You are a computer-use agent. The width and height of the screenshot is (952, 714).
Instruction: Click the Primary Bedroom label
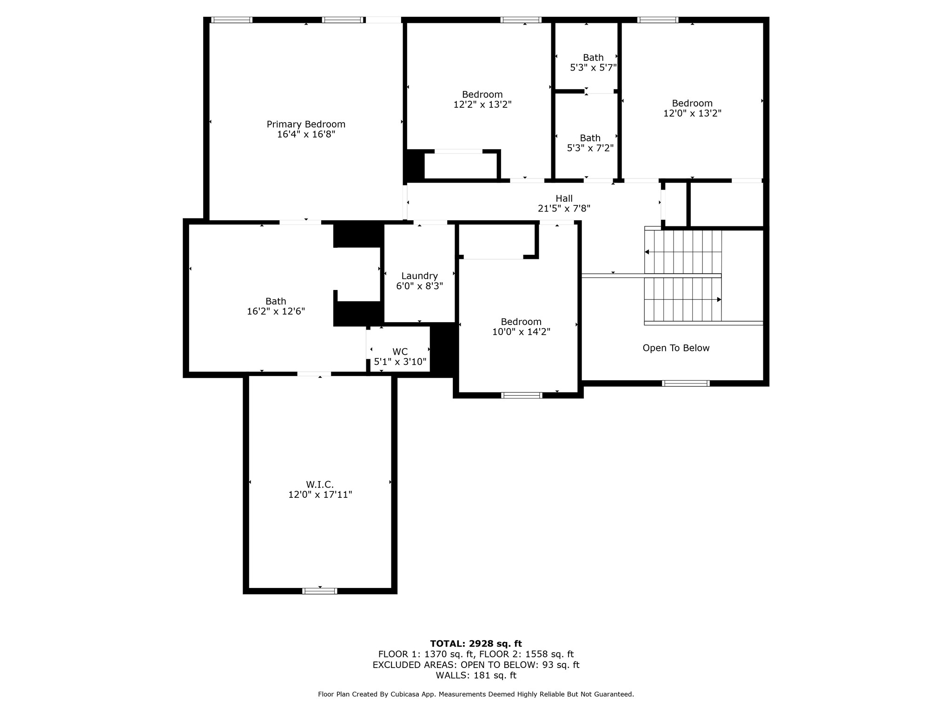306,124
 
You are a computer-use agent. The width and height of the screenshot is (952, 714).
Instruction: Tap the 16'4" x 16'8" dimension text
306,134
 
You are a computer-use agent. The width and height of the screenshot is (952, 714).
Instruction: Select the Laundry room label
419,276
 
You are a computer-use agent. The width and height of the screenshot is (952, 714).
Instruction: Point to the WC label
400,352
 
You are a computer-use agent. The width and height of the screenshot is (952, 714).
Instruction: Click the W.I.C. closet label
320,484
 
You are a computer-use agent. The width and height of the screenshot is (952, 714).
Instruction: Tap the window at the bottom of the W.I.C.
320,591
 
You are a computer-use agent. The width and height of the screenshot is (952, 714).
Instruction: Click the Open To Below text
676,348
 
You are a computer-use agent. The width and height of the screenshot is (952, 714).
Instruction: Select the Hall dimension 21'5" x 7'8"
564,209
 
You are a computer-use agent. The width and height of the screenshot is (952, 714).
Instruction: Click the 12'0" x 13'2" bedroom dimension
692,113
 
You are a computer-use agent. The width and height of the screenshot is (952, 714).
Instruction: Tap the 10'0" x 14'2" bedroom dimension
521,332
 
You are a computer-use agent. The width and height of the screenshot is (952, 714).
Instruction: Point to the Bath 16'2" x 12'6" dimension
276,311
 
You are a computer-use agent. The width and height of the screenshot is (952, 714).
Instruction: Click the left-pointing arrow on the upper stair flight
647,252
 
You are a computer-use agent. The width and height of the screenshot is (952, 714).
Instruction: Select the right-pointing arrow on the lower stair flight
719,300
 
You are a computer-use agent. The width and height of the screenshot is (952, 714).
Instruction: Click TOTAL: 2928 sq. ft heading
476,644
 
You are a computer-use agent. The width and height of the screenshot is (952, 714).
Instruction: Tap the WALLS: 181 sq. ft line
476,675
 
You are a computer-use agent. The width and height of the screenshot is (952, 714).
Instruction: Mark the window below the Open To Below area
686,383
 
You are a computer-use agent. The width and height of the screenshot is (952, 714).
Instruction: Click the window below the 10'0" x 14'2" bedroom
522,396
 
